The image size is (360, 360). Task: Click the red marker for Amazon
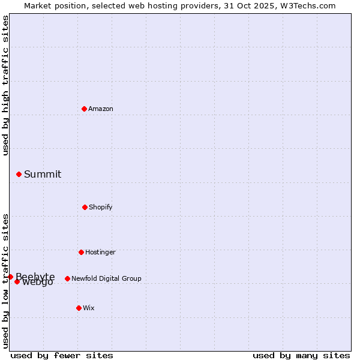[84, 109]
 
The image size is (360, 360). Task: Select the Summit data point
[19, 174]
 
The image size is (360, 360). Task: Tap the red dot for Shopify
[85, 207]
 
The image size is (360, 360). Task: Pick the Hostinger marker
[81, 252]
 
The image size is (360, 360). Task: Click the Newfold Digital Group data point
[67, 278]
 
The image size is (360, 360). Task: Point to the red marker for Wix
[79, 308]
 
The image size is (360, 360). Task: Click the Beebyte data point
[10, 277]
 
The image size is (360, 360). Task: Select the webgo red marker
[17, 281]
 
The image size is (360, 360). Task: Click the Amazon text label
[101, 109]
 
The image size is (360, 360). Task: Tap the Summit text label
[43, 174]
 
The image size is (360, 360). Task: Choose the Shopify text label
[101, 207]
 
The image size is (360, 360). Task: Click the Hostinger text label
[100, 252]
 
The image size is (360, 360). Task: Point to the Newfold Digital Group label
[106, 278]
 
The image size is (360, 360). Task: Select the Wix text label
[89, 308]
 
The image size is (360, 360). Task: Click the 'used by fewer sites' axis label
[62, 355]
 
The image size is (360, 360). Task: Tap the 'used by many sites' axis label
[301, 355]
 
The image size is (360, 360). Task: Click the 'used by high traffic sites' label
[5, 85]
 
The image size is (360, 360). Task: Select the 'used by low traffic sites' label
[5, 280]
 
